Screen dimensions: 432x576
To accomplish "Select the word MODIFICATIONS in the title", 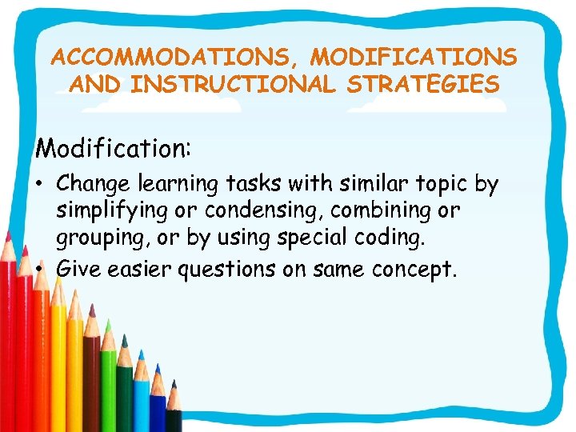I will point(414,58).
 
